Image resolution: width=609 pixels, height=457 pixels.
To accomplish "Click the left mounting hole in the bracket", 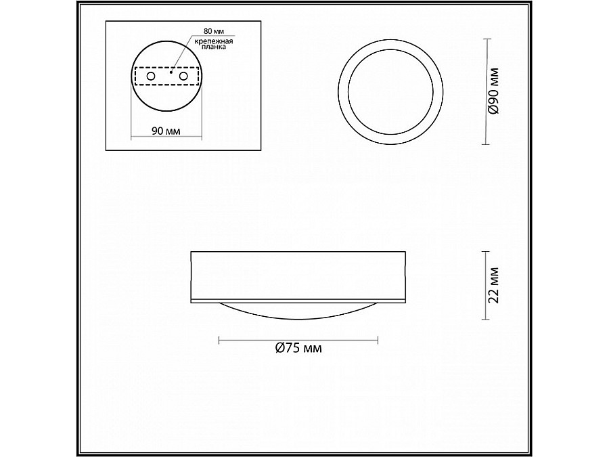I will coord(150,77).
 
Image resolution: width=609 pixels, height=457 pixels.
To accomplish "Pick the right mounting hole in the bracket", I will coord(183,77).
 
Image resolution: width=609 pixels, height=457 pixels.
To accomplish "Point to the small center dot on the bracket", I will coord(171,72).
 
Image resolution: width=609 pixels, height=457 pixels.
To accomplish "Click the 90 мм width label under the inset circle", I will coord(166,131).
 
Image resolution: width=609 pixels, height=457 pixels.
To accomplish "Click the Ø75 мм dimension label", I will coord(298,349).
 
